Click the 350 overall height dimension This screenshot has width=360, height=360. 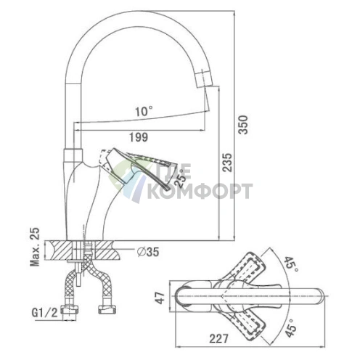243,125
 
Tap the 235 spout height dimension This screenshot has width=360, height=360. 227,163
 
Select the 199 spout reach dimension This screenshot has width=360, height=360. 139,137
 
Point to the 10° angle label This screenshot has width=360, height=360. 144,112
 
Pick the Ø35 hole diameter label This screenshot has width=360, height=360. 148,252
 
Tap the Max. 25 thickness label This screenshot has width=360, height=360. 34,247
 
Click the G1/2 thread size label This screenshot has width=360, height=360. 45,313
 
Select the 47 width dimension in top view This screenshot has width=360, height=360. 160,298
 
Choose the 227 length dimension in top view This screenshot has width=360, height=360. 218,338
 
